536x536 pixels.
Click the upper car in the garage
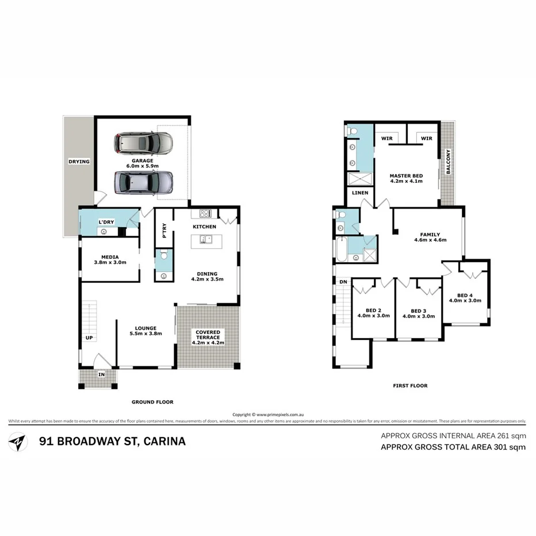point(143,143)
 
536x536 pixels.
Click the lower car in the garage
point(143,183)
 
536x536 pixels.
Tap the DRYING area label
point(79,162)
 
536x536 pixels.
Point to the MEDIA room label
point(109,257)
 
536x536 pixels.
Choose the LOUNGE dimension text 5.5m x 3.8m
point(146,334)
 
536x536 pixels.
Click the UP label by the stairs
point(89,338)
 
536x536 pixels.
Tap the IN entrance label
point(101,374)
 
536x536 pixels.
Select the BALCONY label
point(448,162)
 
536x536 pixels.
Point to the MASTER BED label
point(407,175)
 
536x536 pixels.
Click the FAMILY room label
point(430,234)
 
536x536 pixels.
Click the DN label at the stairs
point(343,282)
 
